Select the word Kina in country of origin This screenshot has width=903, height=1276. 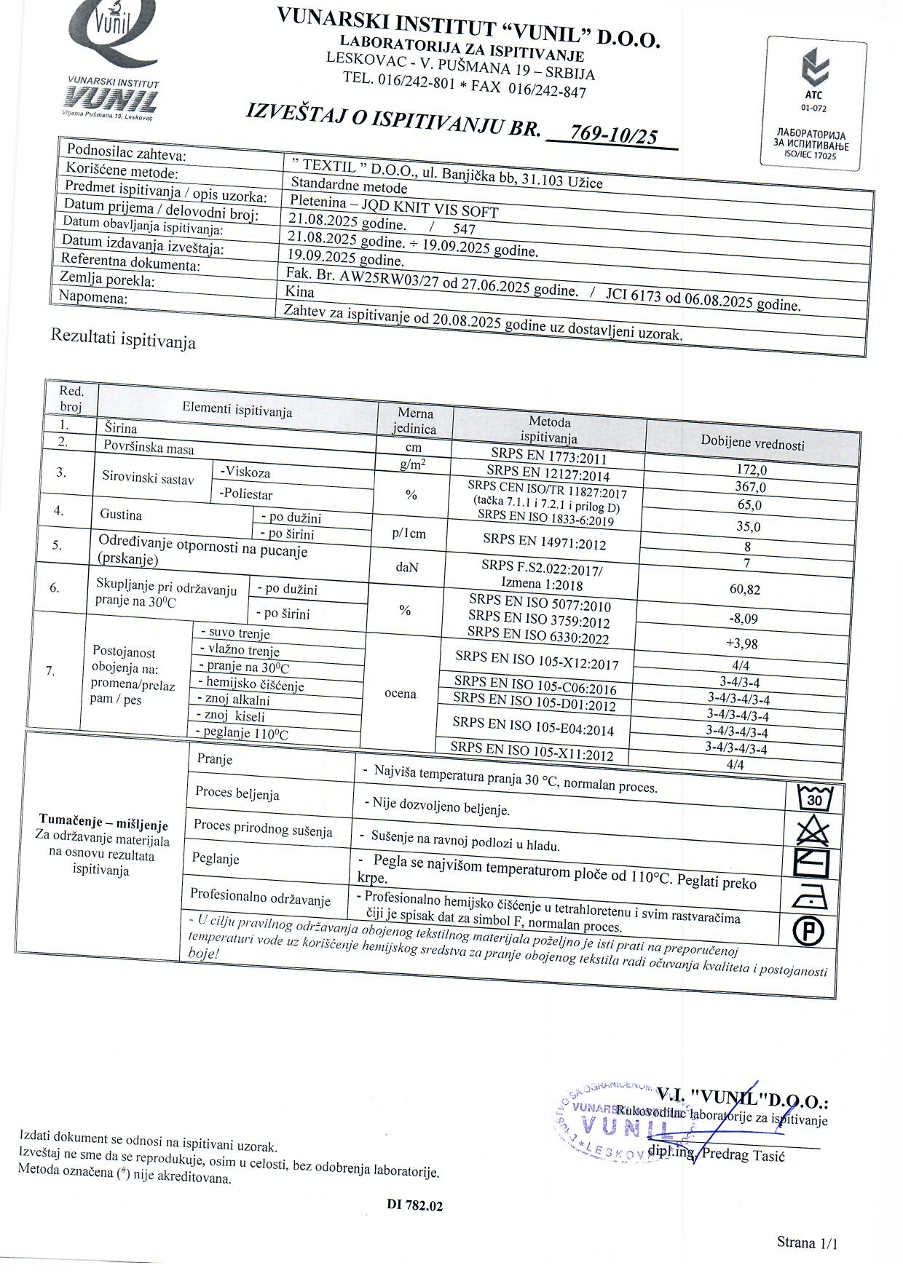[301, 292]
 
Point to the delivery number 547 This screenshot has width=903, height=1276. [464, 229]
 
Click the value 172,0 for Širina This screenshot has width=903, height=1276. [752, 470]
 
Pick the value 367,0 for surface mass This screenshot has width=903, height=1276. [751, 487]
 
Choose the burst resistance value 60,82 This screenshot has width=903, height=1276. [744, 590]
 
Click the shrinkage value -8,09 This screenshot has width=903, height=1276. [743, 619]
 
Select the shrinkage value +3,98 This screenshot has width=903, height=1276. [742, 643]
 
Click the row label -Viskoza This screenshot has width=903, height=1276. [246, 472]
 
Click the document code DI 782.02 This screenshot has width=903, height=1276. [414, 1205]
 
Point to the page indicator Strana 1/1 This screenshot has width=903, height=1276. [807, 1242]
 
